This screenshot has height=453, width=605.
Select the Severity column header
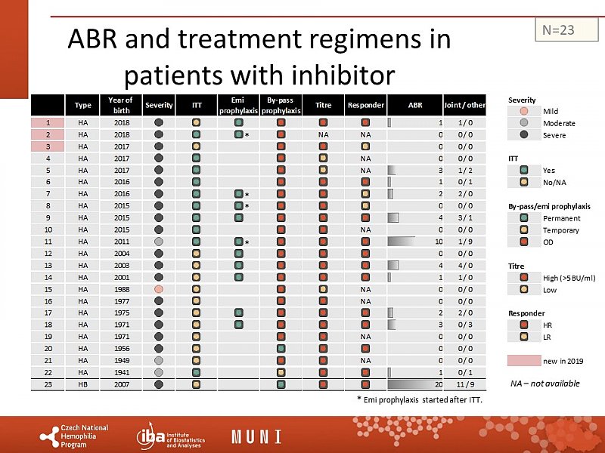159,105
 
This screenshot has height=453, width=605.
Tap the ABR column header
415,105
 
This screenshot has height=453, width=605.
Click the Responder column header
365,105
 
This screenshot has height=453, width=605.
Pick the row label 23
48,384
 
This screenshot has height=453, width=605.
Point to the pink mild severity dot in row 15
159,288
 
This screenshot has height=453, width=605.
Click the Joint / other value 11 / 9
465,384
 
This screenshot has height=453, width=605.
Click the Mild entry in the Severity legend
550,112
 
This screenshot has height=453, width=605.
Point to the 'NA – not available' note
545,384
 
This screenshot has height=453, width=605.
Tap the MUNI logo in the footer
256,436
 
